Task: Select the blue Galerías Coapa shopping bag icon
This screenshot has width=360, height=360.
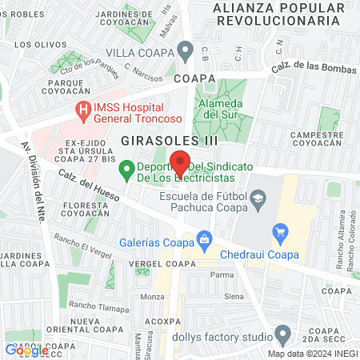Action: pos(205,238)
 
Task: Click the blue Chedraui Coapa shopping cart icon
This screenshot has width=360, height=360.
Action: pos(280,234)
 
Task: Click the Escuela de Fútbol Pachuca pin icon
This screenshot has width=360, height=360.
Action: pos(258,198)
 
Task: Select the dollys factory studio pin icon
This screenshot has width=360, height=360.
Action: pos(282,334)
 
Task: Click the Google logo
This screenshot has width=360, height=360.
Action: pos(26,350)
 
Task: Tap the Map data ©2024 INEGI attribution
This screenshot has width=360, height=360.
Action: pos(312,353)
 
